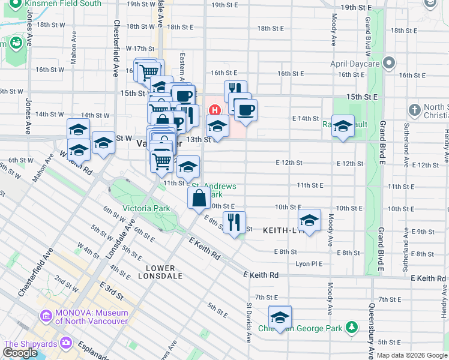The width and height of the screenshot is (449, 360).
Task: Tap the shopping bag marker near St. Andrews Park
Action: [199, 197]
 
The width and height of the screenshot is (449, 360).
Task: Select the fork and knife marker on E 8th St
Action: [234, 221]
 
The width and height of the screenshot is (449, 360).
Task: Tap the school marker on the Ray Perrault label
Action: [343, 126]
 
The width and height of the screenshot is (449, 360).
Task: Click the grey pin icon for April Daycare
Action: [390, 63]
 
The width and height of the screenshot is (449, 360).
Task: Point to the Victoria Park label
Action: [146, 208]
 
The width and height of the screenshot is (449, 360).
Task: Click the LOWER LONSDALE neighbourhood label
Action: [157, 272]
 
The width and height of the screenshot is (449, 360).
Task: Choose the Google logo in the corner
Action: [20, 353]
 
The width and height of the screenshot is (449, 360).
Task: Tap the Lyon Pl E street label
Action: [309, 263]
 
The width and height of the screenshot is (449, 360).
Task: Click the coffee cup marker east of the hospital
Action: [246, 110]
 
